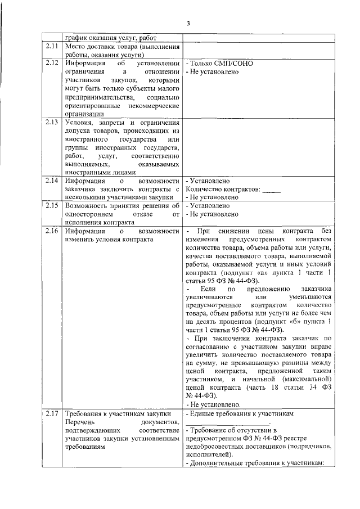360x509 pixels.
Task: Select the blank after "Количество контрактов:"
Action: [x=272, y=190]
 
